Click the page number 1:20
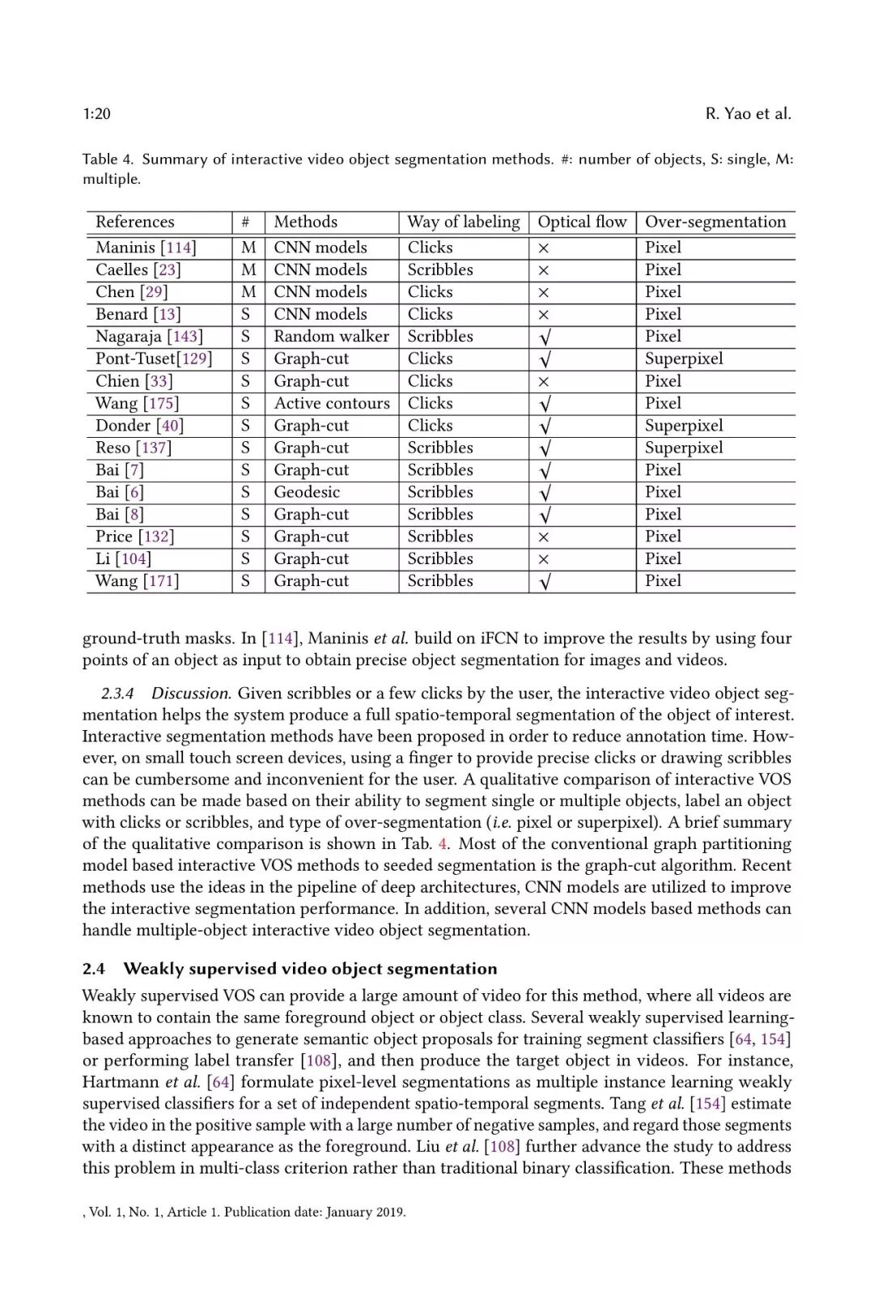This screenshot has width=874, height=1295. click(96, 114)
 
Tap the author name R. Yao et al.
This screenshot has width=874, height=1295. click(748, 114)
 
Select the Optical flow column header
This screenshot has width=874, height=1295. click(582, 222)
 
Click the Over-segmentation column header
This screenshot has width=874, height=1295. click(715, 222)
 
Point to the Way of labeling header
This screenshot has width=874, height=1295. click(463, 222)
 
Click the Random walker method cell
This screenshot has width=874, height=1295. click(331, 336)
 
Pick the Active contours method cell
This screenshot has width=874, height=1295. click(331, 403)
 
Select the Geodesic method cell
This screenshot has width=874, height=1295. click(307, 492)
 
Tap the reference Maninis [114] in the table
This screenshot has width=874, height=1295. click(146, 248)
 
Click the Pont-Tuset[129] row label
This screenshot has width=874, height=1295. click(154, 359)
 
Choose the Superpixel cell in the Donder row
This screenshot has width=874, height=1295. click(684, 426)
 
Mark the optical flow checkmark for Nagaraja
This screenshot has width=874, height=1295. click(545, 337)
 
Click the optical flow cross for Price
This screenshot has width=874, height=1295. click(544, 537)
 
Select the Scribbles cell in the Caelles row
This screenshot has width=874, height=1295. click(440, 270)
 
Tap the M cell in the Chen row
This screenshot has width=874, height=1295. click(248, 292)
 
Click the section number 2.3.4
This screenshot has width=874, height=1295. click(117, 694)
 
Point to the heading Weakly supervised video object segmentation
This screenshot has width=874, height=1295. click(310, 969)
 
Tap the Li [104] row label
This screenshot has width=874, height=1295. click(123, 558)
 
